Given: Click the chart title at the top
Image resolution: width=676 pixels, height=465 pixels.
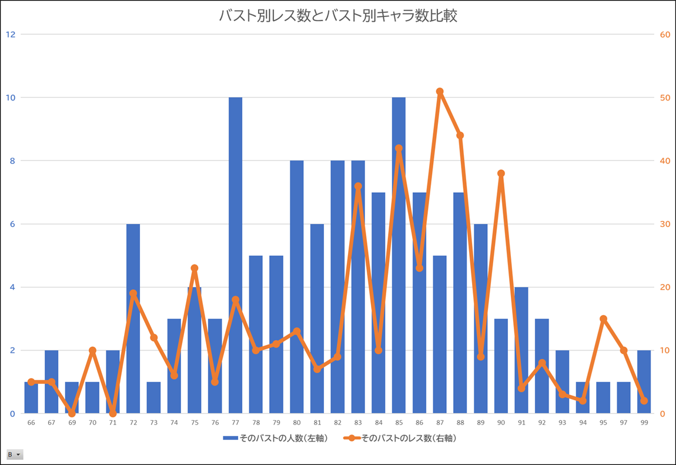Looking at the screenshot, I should pyautogui.click(x=337, y=16).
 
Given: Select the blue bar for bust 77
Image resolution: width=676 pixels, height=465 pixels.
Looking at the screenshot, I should pyautogui.click(x=235, y=255).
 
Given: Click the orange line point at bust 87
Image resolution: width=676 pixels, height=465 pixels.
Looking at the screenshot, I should pyautogui.click(x=440, y=92).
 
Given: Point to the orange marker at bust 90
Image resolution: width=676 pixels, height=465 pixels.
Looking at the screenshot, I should pyautogui.click(x=501, y=173).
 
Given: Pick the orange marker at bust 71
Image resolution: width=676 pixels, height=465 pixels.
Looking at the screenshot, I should pyautogui.click(x=113, y=413).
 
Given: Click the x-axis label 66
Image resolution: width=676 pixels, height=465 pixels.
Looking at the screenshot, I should pyautogui.click(x=31, y=423).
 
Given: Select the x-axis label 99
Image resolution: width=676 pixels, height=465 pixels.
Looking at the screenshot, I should pyautogui.click(x=644, y=423).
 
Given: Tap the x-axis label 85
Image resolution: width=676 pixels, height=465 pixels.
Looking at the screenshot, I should pyautogui.click(x=399, y=423).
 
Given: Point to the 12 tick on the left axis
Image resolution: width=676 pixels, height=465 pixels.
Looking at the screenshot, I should pyautogui.click(x=11, y=34).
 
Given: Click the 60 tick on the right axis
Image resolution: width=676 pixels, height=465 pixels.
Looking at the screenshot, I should pyautogui.click(x=665, y=34).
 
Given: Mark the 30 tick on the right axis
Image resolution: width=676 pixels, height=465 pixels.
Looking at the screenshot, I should pyautogui.click(x=665, y=224).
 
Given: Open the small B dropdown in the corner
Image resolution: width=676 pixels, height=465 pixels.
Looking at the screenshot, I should pyautogui.click(x=15, y=454).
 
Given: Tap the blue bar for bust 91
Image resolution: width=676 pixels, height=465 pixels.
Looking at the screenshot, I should pyautogui.click(x=521, y=350).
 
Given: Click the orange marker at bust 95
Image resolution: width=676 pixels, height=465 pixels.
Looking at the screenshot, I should pyautogui.click(x=603, y=319).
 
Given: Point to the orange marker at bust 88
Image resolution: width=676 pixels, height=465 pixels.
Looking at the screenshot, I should pyautogui.click(x=460, y=135).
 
